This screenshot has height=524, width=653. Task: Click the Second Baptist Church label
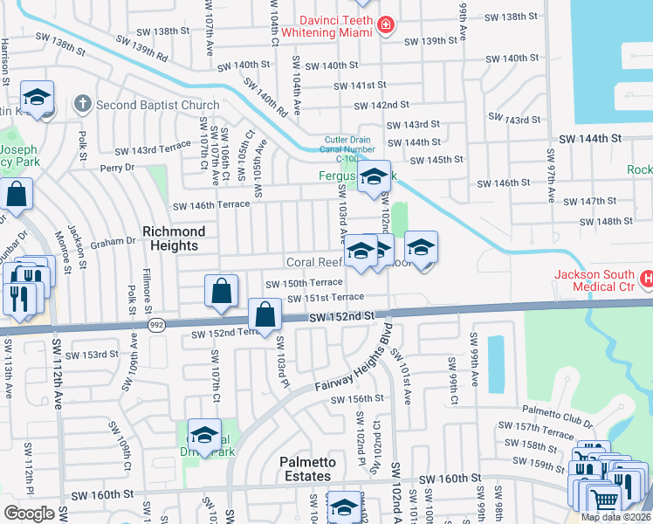157,106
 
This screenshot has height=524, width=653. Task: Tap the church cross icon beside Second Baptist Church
83,105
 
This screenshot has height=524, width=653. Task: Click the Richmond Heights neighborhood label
174,238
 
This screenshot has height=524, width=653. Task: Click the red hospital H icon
647,279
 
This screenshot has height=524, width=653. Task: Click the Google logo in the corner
29,513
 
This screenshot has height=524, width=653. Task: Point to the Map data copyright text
615,517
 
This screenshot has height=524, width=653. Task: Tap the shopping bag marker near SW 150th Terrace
222,291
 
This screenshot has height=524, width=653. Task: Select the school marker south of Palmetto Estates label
344,507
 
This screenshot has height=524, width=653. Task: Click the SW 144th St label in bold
590,139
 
